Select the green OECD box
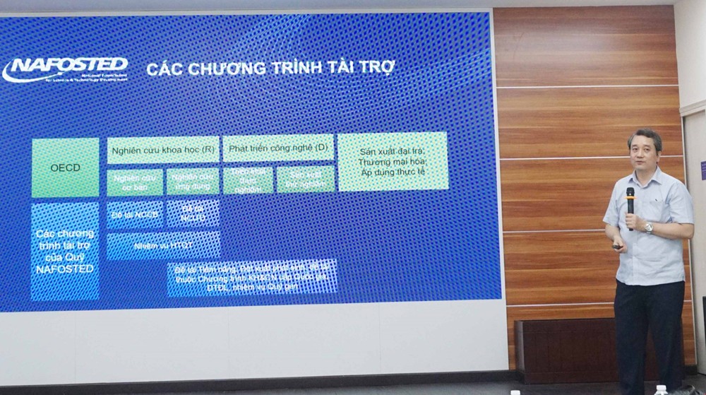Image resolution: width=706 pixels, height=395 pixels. [65, 167]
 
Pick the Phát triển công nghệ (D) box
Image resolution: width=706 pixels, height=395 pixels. [277, 148]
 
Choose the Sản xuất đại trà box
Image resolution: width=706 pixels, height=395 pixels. [393, 162]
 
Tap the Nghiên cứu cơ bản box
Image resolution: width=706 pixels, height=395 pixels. [135, 182]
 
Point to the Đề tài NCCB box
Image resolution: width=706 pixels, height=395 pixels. [135, 213]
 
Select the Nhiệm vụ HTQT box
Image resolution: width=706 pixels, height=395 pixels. [163, 245]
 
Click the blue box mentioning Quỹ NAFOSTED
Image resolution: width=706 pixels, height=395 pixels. [65, 251]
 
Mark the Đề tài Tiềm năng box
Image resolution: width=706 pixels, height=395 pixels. [251, 278]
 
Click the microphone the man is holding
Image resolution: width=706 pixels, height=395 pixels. [630, 202]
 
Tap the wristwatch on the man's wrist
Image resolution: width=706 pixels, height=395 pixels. [649, 228]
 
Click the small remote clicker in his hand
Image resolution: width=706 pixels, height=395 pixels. [619, 247]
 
